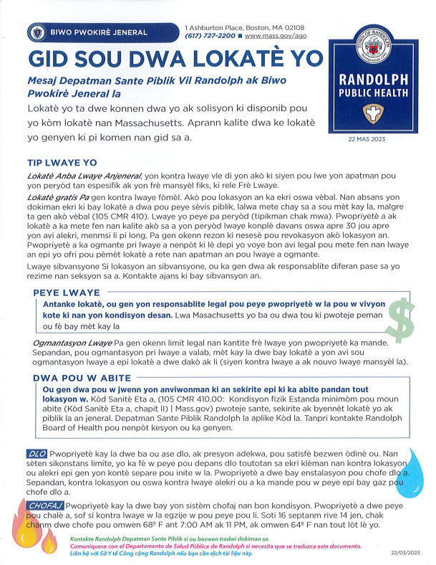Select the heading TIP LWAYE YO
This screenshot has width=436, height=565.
pyautogui.click(x=62, y=163)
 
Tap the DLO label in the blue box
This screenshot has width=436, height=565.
pyautogui.click(x=36, y=455)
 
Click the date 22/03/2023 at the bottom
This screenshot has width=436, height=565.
pyautogui.click(x=407, y=554)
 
